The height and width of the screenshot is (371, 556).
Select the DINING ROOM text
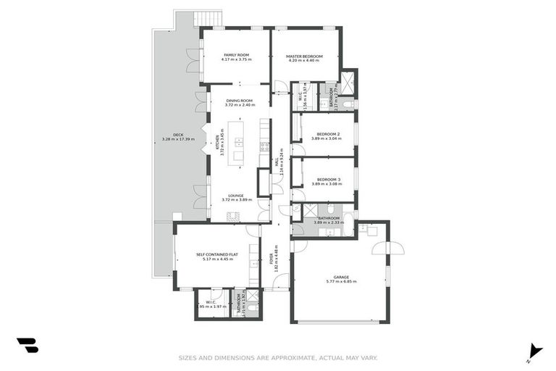(239, 101)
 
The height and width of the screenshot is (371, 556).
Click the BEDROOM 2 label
(325, 134)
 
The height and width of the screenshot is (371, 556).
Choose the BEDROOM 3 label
(325, 180)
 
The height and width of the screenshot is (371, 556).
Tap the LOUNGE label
(236, 195)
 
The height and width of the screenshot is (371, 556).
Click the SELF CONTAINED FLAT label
(217, 254)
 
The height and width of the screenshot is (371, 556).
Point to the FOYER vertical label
(271, 257)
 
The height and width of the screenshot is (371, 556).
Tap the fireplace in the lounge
(233, 216)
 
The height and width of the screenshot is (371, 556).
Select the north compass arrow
(534, 349)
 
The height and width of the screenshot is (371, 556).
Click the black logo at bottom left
(28, 346)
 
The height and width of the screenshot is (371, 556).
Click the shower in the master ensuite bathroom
(348, 86)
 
